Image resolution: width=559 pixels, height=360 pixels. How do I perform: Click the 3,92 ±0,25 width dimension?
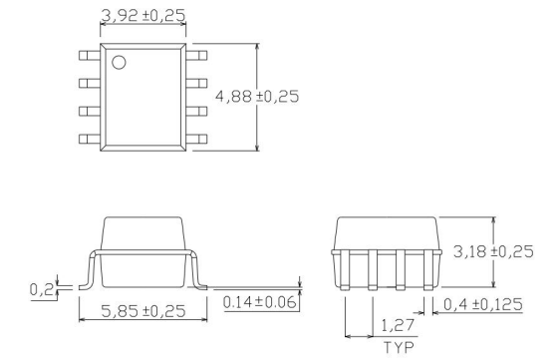click(x=143, y=16)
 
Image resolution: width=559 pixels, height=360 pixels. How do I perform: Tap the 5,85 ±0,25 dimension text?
click(x=143, y=311)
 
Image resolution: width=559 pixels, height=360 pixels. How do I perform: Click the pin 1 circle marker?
click(x=119, y=64)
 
